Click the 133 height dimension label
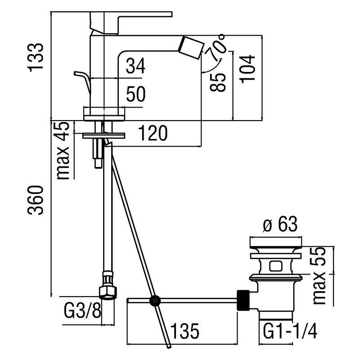[36, 58]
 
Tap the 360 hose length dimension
[36, 200]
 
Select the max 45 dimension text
[64, 151]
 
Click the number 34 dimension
[135, 68]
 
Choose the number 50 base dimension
[135, 95]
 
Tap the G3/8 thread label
[81, 310]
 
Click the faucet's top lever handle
[130, 20]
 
